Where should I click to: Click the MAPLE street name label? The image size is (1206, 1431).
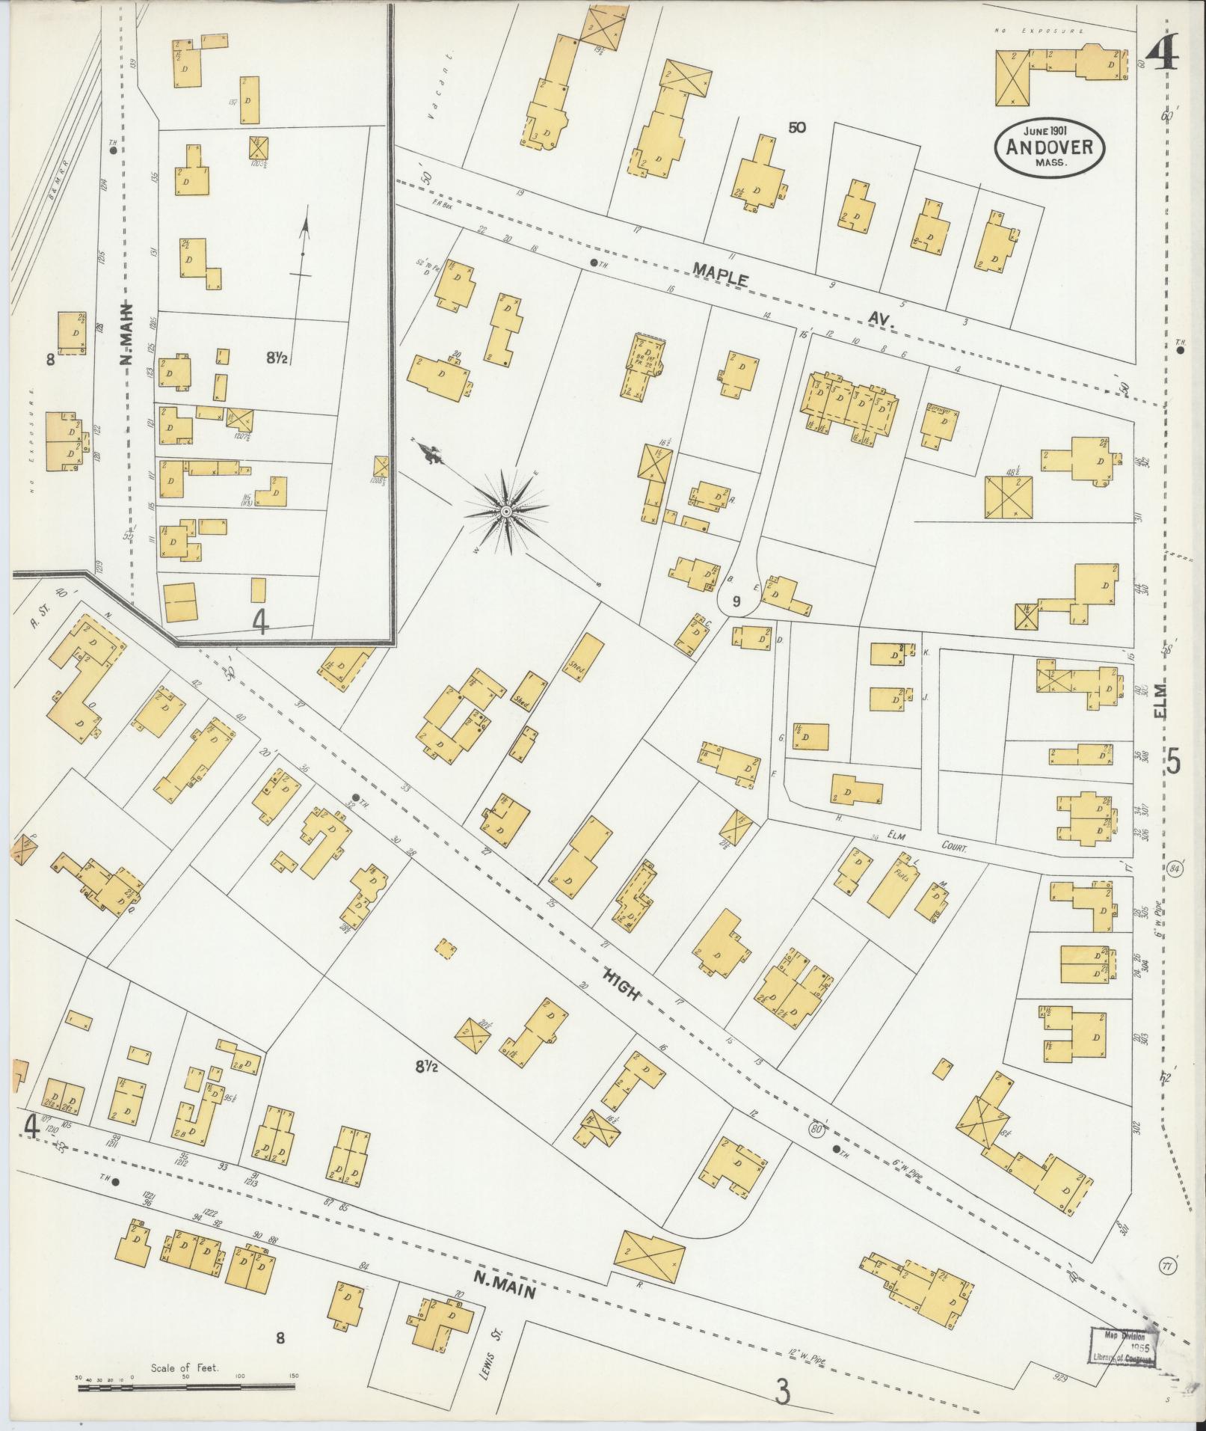click(x=720, y=274)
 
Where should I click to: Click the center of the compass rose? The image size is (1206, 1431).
click(x=506, y=512)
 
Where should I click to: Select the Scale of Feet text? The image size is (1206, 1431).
click(x=184, y=1367)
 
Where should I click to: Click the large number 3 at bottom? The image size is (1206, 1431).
click(x=783, y=1391)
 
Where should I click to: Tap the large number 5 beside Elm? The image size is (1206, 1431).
click(x=1172, y=763)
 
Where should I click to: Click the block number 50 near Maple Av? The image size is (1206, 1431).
click(x=796, y=128)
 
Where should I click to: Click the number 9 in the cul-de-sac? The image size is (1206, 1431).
click(x=736, y=600)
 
